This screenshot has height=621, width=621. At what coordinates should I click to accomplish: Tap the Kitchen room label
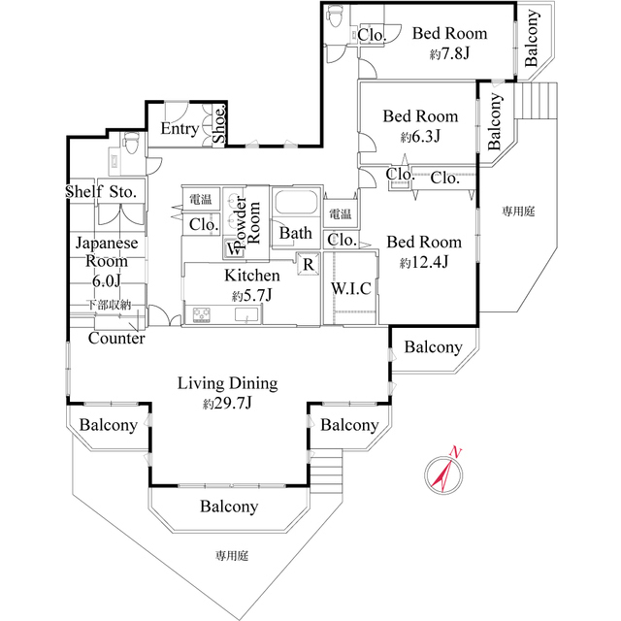252,276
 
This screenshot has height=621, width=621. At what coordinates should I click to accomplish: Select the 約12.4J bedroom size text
424,262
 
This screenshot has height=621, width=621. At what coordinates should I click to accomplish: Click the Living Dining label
227,383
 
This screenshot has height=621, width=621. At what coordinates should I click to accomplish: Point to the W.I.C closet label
351,288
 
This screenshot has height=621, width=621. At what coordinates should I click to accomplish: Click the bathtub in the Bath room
296,203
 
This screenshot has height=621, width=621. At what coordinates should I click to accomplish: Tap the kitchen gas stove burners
202,315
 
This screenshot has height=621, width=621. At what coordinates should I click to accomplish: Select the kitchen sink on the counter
246,314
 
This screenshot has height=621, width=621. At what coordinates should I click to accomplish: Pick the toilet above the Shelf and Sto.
130,144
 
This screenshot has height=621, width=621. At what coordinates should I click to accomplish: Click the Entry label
180,129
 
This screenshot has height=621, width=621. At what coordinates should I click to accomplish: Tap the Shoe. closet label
219,125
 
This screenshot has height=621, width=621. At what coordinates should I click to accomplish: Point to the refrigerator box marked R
309,264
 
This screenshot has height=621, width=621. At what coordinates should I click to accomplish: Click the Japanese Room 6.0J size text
106,280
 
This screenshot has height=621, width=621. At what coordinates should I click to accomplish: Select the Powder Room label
246,222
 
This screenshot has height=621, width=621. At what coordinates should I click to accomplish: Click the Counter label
116,339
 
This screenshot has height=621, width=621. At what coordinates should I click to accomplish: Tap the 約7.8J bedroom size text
449,53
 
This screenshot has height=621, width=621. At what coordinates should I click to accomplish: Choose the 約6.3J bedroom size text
420,137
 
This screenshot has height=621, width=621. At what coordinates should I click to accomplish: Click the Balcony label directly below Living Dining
229,507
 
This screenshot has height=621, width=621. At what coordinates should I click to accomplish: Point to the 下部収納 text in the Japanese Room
109,305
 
